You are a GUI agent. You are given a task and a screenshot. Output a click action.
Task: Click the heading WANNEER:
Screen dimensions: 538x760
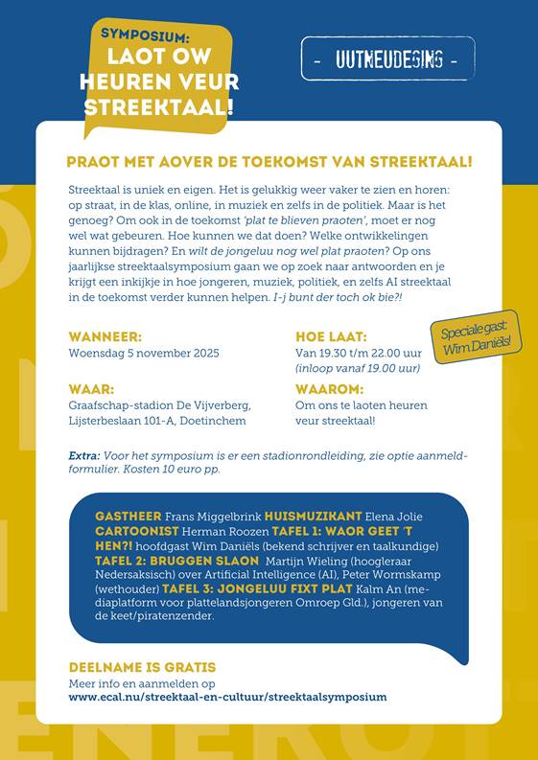pyautogui.click(x=105, y=336)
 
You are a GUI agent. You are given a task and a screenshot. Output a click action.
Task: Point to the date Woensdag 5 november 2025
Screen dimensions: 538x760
pyautogui.click(x=144, y=353)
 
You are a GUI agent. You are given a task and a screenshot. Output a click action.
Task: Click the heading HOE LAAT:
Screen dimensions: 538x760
pyautogui.click(x=331, y=336)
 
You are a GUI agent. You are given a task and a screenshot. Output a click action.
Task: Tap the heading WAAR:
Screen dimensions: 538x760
pyautogui.click(x=92, y=390)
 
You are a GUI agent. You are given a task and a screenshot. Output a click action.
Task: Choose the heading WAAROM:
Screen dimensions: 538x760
pyautogui.click(x=329, y=390)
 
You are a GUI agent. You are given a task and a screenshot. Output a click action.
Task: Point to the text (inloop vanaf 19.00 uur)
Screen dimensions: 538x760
pyautogui.click(x=358, y=367)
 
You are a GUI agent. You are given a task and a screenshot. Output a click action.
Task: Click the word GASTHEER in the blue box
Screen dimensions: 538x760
pyautogui.click(x=128, y=517)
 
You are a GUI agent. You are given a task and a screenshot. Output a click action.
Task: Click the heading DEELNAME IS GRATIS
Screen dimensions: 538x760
pyautogui.click(x=142, y=667)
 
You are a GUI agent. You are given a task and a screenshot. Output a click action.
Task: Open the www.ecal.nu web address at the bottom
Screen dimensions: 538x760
pyautogui.click(x=227, y=697)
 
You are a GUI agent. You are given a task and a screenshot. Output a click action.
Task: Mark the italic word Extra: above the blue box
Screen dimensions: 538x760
pyautogui.click(x=84, y=455)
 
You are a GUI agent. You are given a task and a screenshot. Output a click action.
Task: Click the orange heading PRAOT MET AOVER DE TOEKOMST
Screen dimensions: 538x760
pyautogui.click(x=269, y=163)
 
